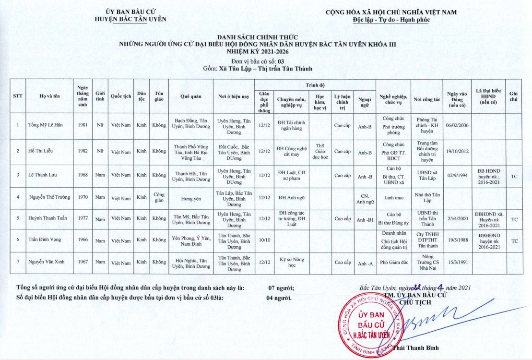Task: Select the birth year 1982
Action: coord(83,151)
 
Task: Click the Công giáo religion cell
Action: coord(159,197)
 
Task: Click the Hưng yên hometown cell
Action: coord(190,197)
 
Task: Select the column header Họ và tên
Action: coord(49,96)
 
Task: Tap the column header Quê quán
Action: coord(190,96)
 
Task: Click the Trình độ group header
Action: coord(315,84)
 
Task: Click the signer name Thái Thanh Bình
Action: coord(415,348)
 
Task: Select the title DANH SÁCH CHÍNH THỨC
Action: coord(258,37)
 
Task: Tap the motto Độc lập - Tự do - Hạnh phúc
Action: coord(391,20)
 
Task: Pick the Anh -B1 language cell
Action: coord(365,219)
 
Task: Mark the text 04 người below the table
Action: coord(279,298)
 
